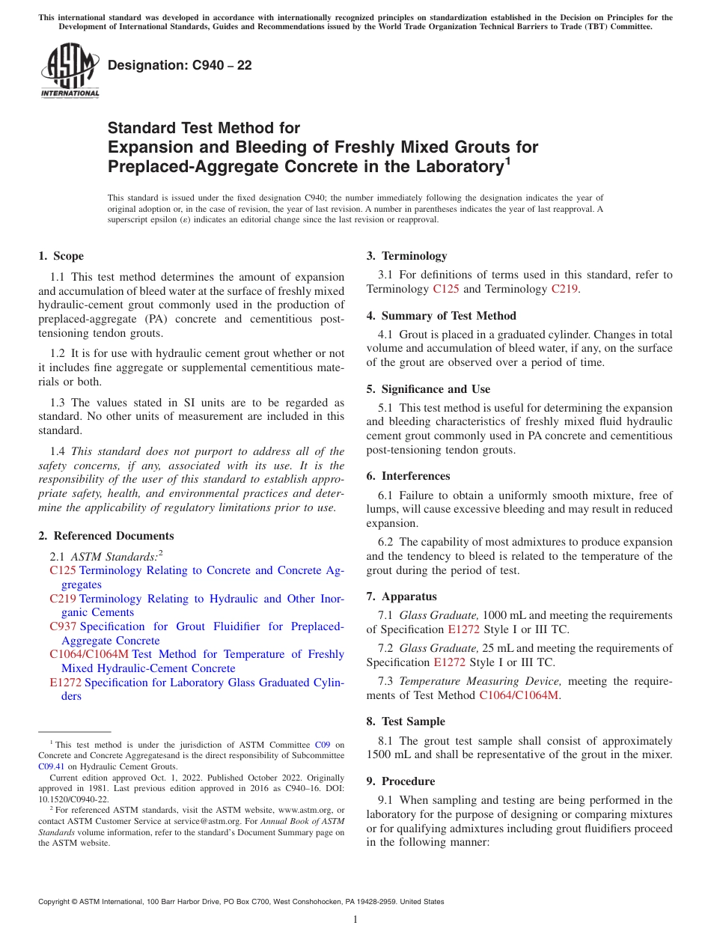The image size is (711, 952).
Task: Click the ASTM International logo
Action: pos(70,70)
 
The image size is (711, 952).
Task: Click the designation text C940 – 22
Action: pos(180,65)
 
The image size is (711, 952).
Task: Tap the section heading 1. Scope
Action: pos(61,256)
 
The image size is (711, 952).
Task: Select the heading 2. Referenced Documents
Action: pos(106,536)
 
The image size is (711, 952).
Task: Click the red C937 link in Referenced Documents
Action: pos(63,626)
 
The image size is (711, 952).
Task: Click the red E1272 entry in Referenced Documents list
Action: pos(65,683)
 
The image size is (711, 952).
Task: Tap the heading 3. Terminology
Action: pos(406,256)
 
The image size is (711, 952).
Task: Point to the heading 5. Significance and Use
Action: pos(428,389)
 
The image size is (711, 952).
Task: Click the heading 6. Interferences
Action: pos(408,476)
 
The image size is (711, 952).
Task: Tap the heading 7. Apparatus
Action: pos(401,596)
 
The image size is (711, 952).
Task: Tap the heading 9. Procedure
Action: pos(400,781)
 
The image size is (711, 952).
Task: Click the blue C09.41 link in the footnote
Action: pos(50,766)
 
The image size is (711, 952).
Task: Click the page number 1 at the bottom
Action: pos(355,919)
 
